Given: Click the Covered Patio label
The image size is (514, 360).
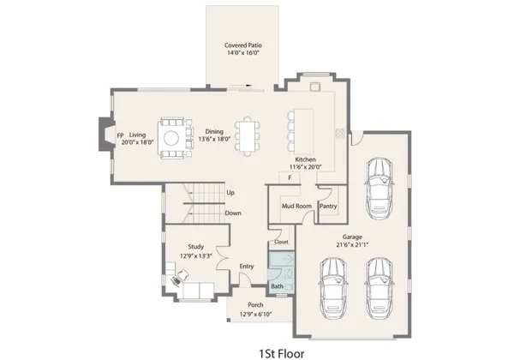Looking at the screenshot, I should [242, 45].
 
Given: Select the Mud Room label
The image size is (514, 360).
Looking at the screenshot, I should [295, 207].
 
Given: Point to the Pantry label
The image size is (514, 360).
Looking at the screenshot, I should [327, 207].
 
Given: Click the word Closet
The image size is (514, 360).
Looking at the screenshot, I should [281, 243].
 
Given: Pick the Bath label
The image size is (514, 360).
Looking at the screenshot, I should [278, 285].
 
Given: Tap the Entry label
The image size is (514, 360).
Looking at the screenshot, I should [247, 267].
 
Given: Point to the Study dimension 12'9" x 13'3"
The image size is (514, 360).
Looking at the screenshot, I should [196, 255].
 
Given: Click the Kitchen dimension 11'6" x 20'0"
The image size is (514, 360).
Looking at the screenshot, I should [306, 168].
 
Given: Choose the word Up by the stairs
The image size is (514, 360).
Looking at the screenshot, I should [230, 192].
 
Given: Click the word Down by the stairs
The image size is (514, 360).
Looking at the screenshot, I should [232, 213].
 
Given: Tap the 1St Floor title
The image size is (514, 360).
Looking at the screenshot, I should [282, 351].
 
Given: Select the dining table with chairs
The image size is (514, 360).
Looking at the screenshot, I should [248, 135].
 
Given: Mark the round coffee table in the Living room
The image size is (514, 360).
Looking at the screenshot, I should [172, 137].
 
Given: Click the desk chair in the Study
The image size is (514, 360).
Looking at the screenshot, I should [180, 279].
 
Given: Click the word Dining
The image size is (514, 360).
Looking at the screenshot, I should [214, 131].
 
